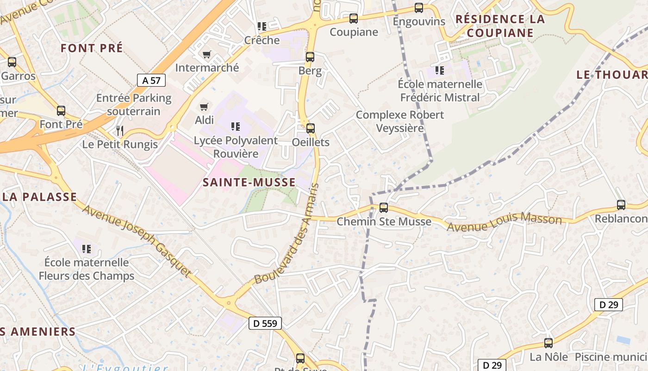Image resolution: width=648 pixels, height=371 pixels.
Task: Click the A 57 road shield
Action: tap(151, 80)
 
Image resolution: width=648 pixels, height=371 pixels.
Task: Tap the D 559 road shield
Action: tap(265, 323)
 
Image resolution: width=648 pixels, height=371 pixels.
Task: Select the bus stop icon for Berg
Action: tap(310, 57)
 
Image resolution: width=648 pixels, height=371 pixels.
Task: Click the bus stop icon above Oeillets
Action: tap(311, 128)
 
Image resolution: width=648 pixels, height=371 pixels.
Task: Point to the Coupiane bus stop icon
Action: tap(354, 19)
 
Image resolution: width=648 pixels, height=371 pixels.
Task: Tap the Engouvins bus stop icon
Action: tap(419, 8)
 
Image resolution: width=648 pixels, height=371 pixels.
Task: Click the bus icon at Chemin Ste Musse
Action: tap(384, 208)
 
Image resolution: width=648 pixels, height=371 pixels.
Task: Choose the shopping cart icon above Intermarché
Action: tap(207, 54)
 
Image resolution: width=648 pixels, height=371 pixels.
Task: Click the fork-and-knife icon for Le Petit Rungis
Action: tap(120, 131)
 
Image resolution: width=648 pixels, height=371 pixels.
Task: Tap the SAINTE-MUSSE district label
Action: tap(249, 182)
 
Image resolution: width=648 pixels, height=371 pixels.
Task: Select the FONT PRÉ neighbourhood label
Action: tap(92, 48)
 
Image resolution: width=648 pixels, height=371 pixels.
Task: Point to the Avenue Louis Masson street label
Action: tap(504, 222)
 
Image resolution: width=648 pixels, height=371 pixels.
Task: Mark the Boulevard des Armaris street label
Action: tap(287, 234)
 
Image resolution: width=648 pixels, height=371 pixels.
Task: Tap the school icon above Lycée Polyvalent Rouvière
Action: tap(235, 126)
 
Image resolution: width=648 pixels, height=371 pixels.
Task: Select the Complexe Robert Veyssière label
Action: tap(400, 121)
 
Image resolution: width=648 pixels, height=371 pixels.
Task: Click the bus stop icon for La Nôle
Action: tap(548, 343)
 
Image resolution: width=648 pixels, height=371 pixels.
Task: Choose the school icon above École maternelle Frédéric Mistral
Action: tap(439, 70)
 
